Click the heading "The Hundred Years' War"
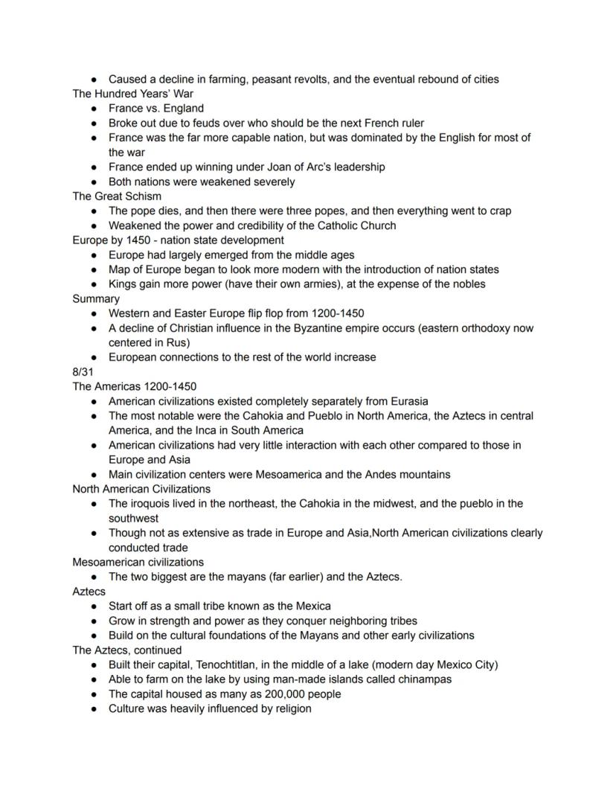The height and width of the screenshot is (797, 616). (132, 94)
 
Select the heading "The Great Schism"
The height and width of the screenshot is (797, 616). (117, 196)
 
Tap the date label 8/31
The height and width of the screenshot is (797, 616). (83, 372)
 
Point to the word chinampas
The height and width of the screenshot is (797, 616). (424, 679)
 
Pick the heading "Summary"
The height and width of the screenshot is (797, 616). (96, 298)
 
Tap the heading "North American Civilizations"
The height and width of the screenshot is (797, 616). (141, 489)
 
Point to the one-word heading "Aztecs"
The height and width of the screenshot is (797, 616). (89, 592)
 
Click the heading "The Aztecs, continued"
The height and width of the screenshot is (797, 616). (127, 650)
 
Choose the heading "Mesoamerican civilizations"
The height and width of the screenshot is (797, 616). (138, 562)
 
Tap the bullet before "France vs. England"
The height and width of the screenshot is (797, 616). (94, 109)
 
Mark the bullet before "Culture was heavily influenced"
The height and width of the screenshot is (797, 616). (94, 708)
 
